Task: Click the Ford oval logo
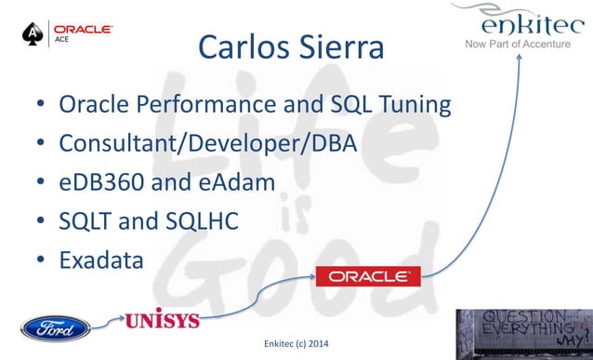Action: (x=56, y=327)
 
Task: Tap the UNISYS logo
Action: (x=162, y=320)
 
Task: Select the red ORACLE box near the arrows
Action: (x=368, y=276)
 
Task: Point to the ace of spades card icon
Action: (x=33, y=34)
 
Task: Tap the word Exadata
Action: (x=101, y=260)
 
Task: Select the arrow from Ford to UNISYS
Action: (x=109, y=322)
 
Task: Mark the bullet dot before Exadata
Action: (x=41, y=261)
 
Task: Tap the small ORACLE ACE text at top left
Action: (x=84, y=33)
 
